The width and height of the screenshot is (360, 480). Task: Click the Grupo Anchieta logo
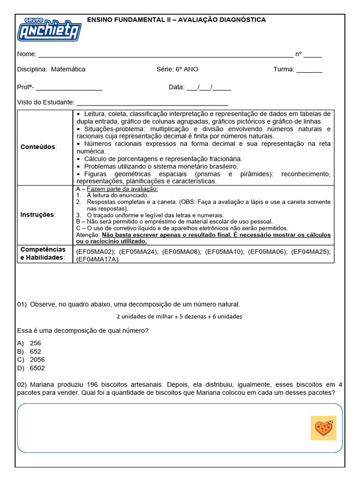click(49, 30)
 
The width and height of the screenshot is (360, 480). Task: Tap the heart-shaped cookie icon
click(323, 427)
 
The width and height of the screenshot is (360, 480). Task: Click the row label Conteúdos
click(38, 147)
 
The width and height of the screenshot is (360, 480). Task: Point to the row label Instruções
click(38, 215)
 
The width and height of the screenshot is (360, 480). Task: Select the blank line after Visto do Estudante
click(152, 103)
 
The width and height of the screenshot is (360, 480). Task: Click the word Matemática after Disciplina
click(68, 69)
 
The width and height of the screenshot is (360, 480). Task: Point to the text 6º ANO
click(187, 69)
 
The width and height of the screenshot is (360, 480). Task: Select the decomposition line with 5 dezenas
click(179, 316)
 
